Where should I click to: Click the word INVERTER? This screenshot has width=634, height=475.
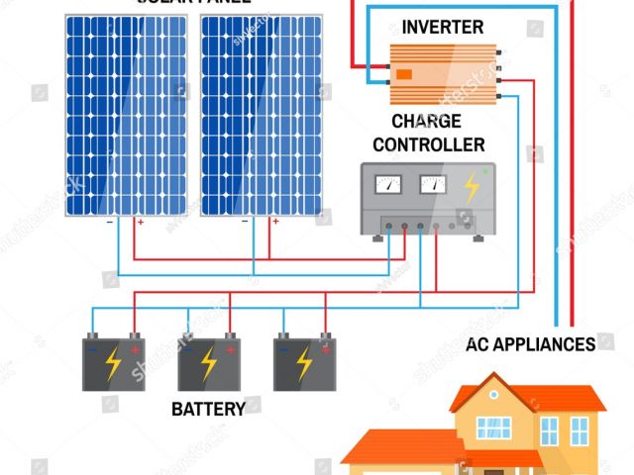tap(443, 27)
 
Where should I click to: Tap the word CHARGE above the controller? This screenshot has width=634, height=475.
tap(426, 122)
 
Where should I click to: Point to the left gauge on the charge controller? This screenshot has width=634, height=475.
tap(388, 183)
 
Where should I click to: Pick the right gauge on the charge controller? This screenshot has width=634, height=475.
tap(433, 183)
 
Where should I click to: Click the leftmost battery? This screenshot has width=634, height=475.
tap(114, 362)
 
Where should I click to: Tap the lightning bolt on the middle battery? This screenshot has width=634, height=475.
tap(209, 364)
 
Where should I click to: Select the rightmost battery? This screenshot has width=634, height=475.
tap(304, 362)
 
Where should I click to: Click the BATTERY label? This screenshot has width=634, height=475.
tap(208, 409)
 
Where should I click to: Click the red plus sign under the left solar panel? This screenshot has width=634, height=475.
tap(140, 223)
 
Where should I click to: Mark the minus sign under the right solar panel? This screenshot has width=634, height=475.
tap(245, 222)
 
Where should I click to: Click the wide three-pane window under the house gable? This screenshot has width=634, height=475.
tap(494, 427)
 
